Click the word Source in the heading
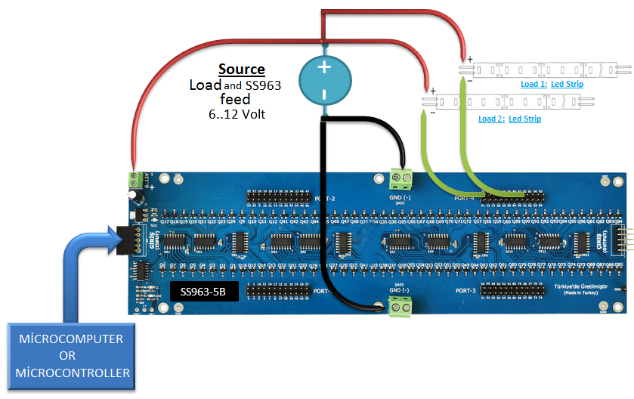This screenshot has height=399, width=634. (242, 69)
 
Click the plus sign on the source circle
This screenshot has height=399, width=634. (324, 66)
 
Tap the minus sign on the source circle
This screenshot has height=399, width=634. (324, 94)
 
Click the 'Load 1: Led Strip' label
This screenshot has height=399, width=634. (552, 84)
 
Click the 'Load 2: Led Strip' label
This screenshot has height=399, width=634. (509, 119)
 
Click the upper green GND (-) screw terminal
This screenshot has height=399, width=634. (402, 180)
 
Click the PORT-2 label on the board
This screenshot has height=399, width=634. (323, 197)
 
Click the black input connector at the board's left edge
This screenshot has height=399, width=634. (128, 240)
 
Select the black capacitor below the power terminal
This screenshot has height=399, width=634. (133, 196)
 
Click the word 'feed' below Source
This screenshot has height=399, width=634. (235, 99)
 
